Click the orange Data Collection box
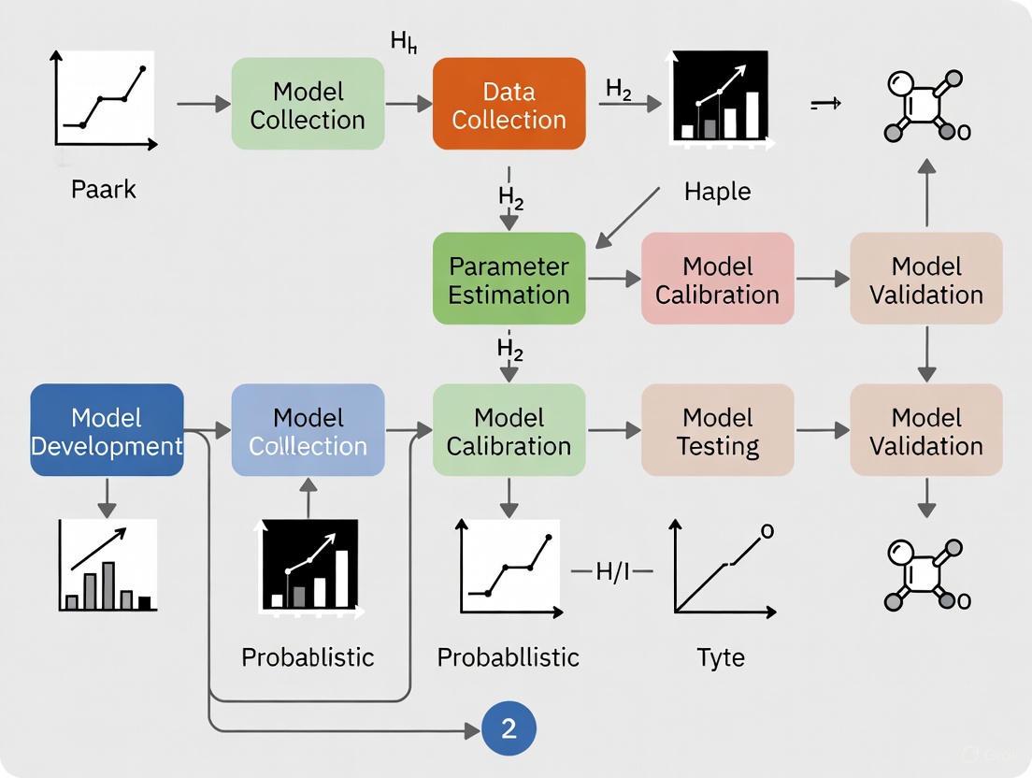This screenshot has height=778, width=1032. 509,104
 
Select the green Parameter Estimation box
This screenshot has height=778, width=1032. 509,279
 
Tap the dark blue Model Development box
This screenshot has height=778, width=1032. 107,430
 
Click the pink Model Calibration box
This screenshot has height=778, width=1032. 717,279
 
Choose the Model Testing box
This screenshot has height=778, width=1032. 717,430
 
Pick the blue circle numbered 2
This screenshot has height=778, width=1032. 509,728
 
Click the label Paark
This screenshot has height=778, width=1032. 103,190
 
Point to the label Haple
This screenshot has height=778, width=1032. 717,192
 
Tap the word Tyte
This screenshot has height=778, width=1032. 721,657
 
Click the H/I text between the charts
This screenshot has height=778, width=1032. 613,571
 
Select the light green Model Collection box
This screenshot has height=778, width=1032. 308,104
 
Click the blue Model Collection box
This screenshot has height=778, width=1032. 308,430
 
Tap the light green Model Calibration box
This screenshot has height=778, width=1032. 509,430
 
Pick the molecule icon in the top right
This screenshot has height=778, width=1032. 925,106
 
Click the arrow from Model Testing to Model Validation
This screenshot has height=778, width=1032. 822,430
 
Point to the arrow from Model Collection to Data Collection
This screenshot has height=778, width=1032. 408,104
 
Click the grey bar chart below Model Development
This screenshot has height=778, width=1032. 107,567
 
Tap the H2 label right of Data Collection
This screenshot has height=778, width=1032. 619,89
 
